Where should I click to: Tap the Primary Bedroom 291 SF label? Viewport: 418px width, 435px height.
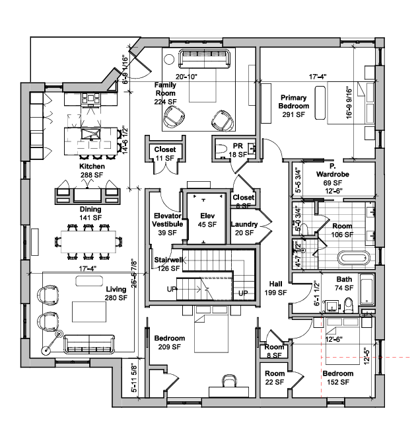click(x=293, y=106)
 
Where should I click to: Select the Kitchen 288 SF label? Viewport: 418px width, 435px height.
click(x=92, y=171)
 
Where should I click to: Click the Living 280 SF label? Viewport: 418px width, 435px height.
click(x=115, y=294)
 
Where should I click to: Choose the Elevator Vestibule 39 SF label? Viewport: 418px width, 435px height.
click(x=166, y=224)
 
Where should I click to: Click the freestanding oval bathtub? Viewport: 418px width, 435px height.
click(x=356, y=258)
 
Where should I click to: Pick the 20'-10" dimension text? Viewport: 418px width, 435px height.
click(x=186, y=77)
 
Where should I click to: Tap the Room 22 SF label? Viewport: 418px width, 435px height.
click(x=274, y=378)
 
